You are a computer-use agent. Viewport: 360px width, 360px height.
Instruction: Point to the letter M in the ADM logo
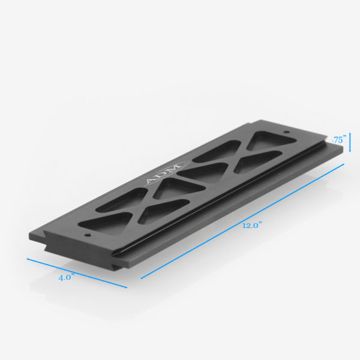(x=170, y=170)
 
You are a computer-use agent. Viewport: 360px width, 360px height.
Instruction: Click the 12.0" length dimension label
(x=253, y=226)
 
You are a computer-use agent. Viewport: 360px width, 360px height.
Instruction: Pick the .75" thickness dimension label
(x=339, y=139)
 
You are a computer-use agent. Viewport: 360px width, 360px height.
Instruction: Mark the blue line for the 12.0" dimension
(x=240, y=222)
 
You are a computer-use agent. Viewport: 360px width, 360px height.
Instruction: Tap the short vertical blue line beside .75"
(x=350, y=142)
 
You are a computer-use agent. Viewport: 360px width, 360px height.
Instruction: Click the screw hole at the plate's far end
(x=286, y=131)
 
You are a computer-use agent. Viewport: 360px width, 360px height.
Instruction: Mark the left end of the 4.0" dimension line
(x=28, y=259)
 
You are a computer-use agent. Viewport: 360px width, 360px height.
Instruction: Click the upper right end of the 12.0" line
(x=344, y=163)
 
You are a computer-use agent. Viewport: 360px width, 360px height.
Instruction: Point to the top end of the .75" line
(x=350, y=134)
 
